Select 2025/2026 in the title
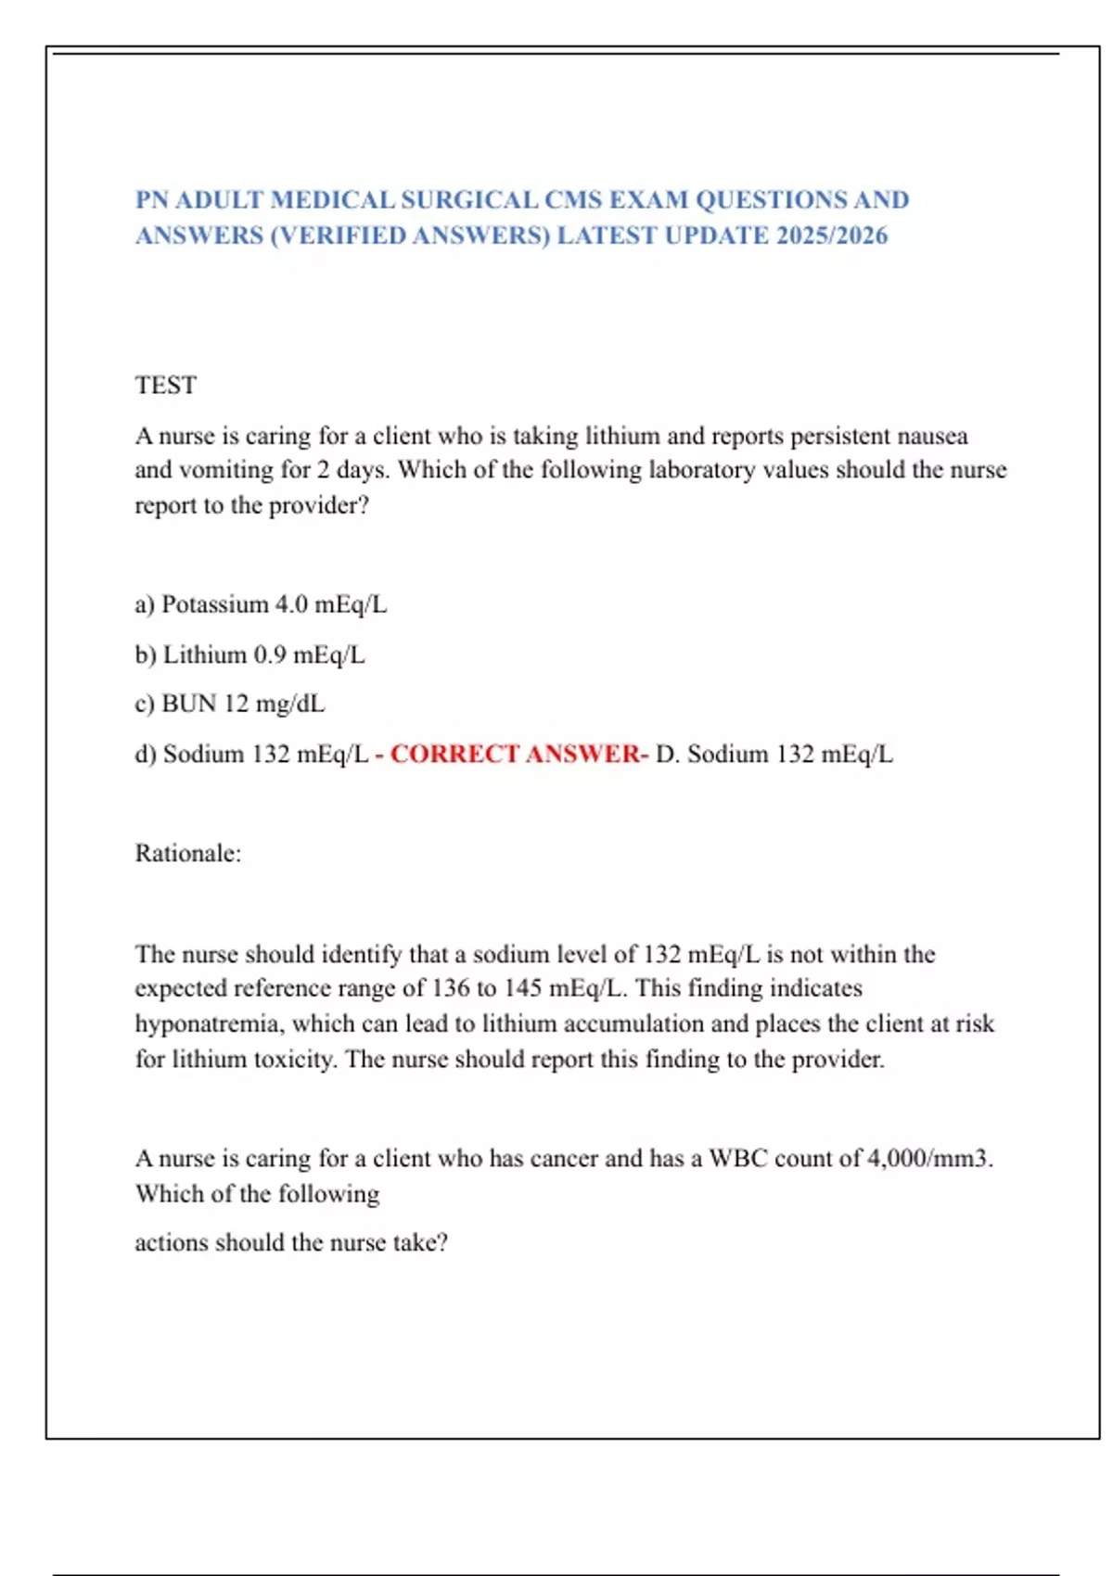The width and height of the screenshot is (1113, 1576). click(832, 235)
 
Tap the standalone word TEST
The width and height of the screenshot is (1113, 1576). click(166, 385)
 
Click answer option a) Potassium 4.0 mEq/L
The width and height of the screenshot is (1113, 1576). click(261, 604)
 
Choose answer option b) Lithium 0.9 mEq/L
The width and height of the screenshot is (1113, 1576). click(249, 655)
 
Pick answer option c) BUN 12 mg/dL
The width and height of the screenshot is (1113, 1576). click(230, 704)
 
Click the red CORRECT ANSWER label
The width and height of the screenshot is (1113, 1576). click(517, 754)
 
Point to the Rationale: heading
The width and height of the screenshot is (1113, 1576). click(188, 853)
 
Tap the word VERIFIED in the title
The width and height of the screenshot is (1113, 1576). click(339, 235)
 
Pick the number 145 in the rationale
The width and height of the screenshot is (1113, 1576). click(522, 988)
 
